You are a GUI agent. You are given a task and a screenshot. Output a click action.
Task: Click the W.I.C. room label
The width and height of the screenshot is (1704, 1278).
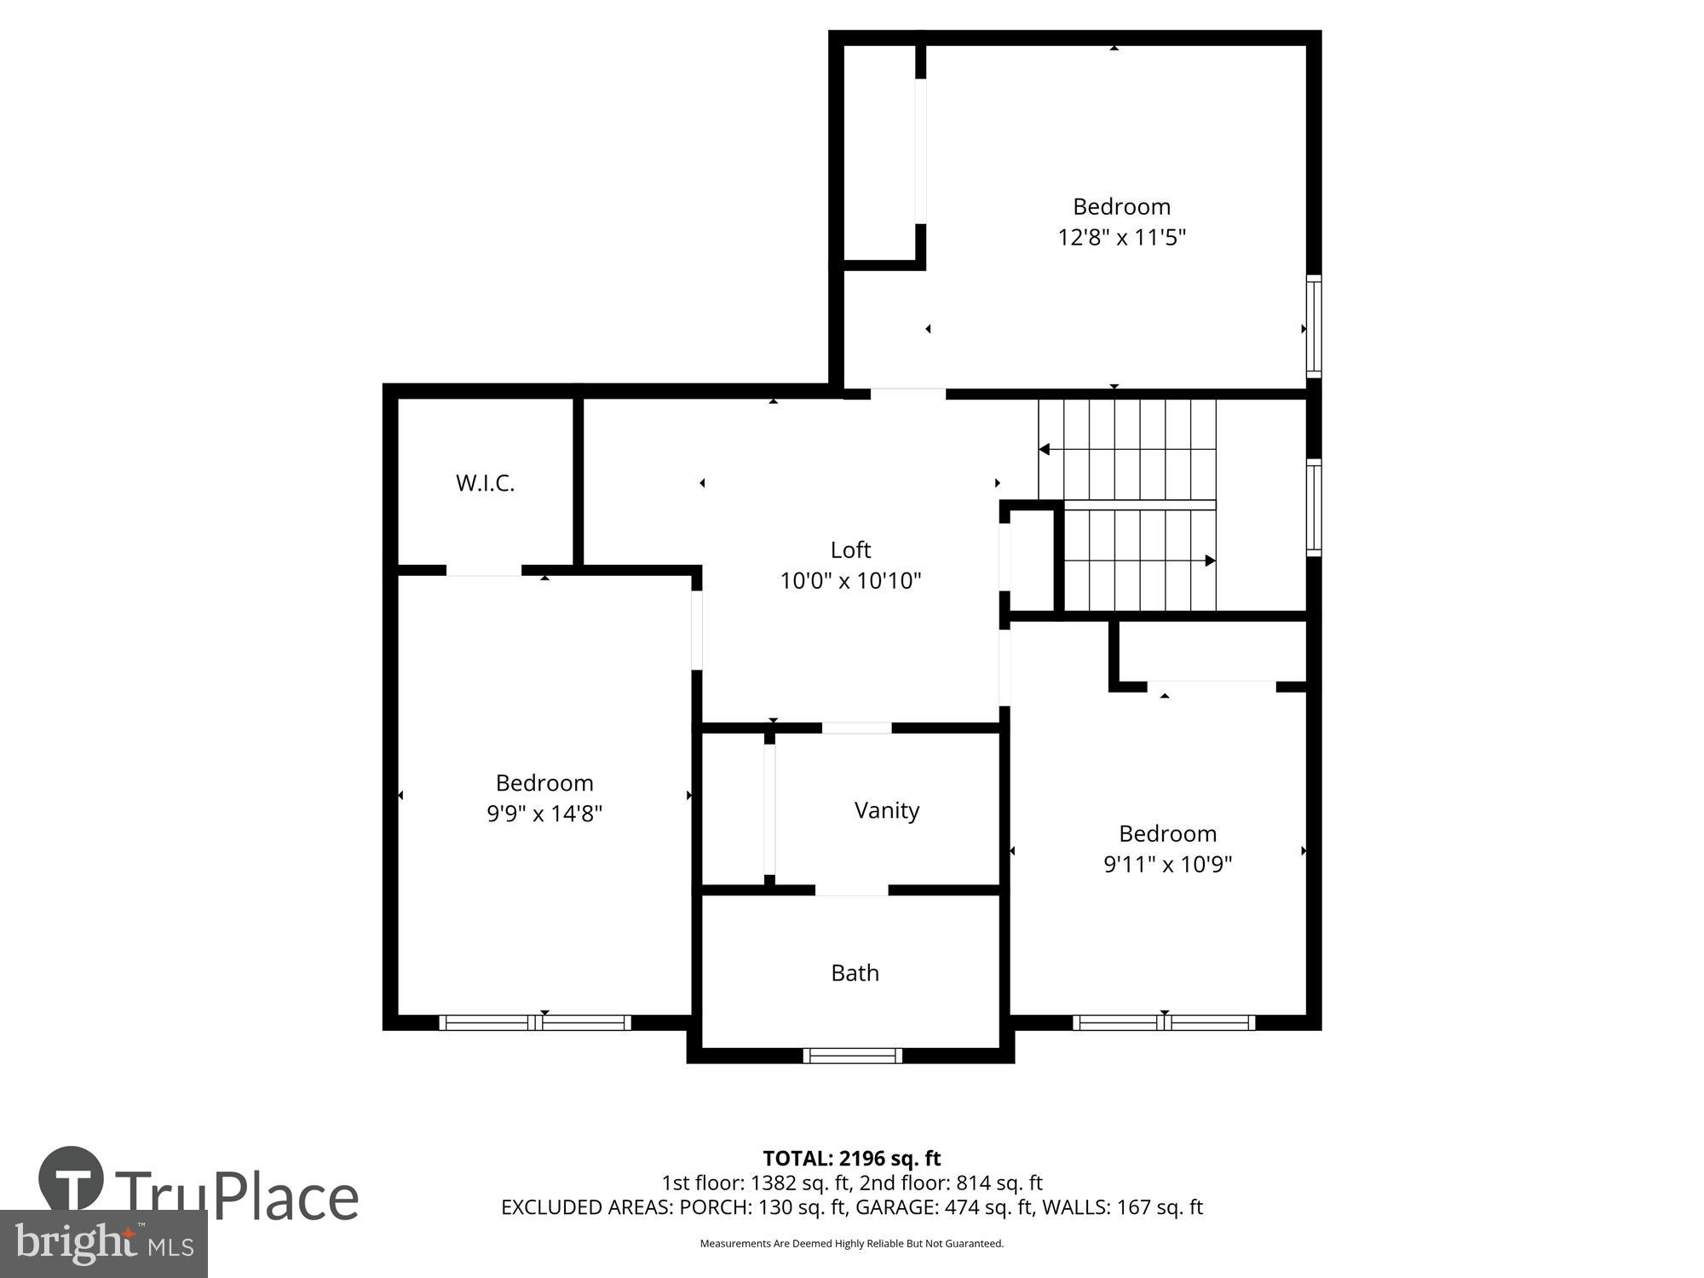(x=485, y=483)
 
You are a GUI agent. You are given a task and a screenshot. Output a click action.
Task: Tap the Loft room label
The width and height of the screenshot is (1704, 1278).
(x=850, y=550)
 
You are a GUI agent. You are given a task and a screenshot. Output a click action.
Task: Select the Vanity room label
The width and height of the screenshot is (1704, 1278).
(x=887, y=810)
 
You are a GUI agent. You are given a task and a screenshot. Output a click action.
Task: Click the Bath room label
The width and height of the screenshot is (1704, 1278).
(x=855, y=973)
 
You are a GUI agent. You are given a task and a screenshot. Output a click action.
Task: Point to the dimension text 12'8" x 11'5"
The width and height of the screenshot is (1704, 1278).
(x=1121, y=237)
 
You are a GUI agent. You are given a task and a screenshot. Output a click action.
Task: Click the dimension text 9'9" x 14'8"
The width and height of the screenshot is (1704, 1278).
(x=544, y=814)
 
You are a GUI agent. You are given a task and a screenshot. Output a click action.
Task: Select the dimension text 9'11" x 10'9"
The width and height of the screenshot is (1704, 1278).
(x=1167, y=865)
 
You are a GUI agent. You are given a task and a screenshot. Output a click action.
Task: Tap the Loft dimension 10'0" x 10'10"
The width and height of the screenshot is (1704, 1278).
(x=850, y=581)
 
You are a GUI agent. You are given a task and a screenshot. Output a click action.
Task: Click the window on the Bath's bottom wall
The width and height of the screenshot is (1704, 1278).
(x=852, y=1056)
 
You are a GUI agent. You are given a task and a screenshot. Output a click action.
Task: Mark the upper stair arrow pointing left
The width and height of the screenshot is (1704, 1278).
(x=1045, y=449)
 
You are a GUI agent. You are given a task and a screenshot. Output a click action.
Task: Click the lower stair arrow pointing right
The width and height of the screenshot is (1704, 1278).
(x=1209, y=561)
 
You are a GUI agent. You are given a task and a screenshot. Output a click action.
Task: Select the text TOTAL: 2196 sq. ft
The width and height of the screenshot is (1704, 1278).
(x=851, y=1159)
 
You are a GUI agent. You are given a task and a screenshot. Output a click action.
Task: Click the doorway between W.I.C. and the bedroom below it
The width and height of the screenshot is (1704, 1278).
(x=484, y=570)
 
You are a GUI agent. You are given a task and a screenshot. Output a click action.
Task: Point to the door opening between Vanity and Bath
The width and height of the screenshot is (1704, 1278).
(x=851, y=890)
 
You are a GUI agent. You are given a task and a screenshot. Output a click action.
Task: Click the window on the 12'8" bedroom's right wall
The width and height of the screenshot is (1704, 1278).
(x=1314, y=327)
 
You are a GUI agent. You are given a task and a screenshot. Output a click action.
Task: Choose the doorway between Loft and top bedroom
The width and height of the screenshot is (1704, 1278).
(x=907, y=394)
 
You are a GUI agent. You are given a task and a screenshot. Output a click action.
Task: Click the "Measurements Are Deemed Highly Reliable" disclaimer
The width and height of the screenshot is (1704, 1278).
(x=851, y=1244)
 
